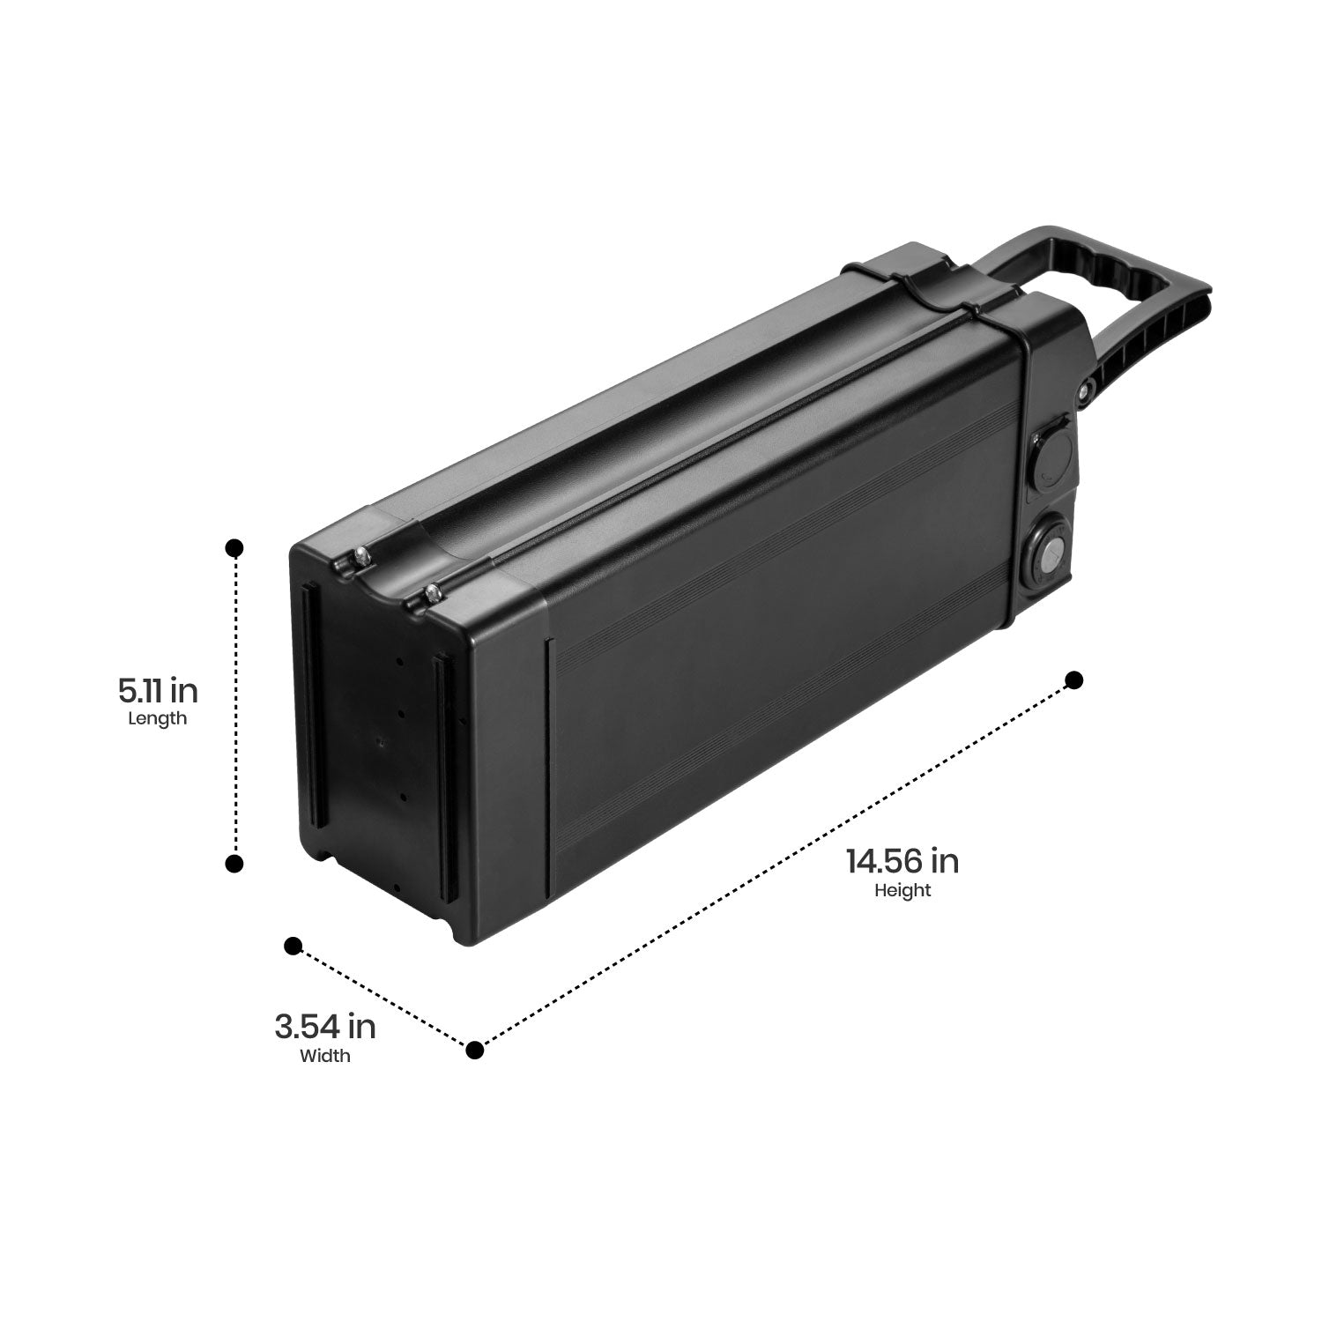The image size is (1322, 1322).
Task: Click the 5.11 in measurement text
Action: [x=159, y=690]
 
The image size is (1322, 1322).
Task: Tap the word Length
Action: [x=158, y=718]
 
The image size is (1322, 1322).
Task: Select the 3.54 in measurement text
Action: [x=325, y=1027]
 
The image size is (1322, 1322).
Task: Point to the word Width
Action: [x=325, y=1055]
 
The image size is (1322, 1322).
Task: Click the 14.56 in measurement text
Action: [x=902, y=861]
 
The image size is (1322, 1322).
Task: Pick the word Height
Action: [x=902, y=890]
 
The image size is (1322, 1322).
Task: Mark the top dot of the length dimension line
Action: [x=234, y=548]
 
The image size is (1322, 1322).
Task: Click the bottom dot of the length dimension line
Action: [x=234, y=864]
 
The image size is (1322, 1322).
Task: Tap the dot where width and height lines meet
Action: [x=475, y=1050]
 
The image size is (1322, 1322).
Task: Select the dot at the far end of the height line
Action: [x=1073, y=680]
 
